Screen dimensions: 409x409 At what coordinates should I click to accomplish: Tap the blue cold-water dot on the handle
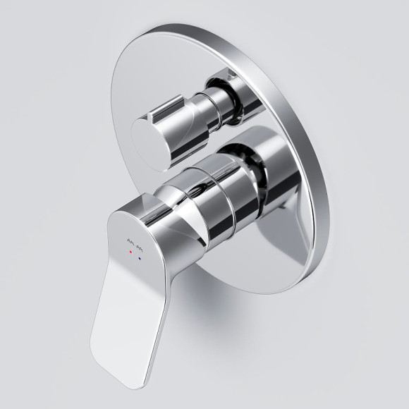point(141,260)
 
